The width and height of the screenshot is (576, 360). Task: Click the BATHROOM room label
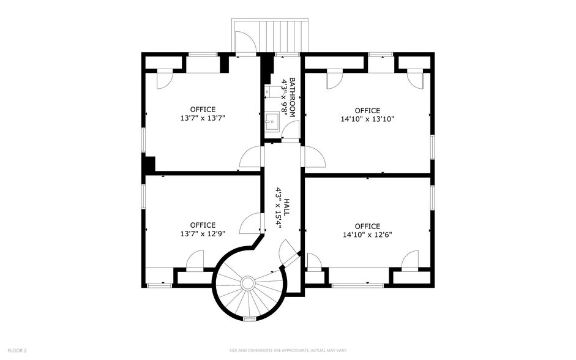point(293,97)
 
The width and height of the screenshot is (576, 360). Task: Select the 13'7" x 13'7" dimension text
point(203,118)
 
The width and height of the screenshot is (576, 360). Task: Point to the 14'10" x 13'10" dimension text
point(367,119)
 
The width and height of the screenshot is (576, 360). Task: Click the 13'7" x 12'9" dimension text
point(203,234)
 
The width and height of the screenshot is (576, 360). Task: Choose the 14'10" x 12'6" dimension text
point(367,234)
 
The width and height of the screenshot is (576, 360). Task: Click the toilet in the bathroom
point(272,91)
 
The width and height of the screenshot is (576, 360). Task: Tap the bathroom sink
point(272,120)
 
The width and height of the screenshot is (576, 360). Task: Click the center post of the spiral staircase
point(247,283)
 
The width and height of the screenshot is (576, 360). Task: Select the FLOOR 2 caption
point(17,350)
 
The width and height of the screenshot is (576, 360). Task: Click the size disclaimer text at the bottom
point(288,350)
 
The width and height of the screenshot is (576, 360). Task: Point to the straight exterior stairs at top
point(283,36)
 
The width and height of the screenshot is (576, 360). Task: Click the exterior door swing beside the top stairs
point(245,43)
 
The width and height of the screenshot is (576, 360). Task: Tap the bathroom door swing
point(291,130)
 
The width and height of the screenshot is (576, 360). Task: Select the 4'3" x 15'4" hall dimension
point(279,208)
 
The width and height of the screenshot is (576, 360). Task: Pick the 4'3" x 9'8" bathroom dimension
point(284,97)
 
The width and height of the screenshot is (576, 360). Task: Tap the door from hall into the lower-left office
point(251,223)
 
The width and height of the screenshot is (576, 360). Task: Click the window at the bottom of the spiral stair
point(249,319)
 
